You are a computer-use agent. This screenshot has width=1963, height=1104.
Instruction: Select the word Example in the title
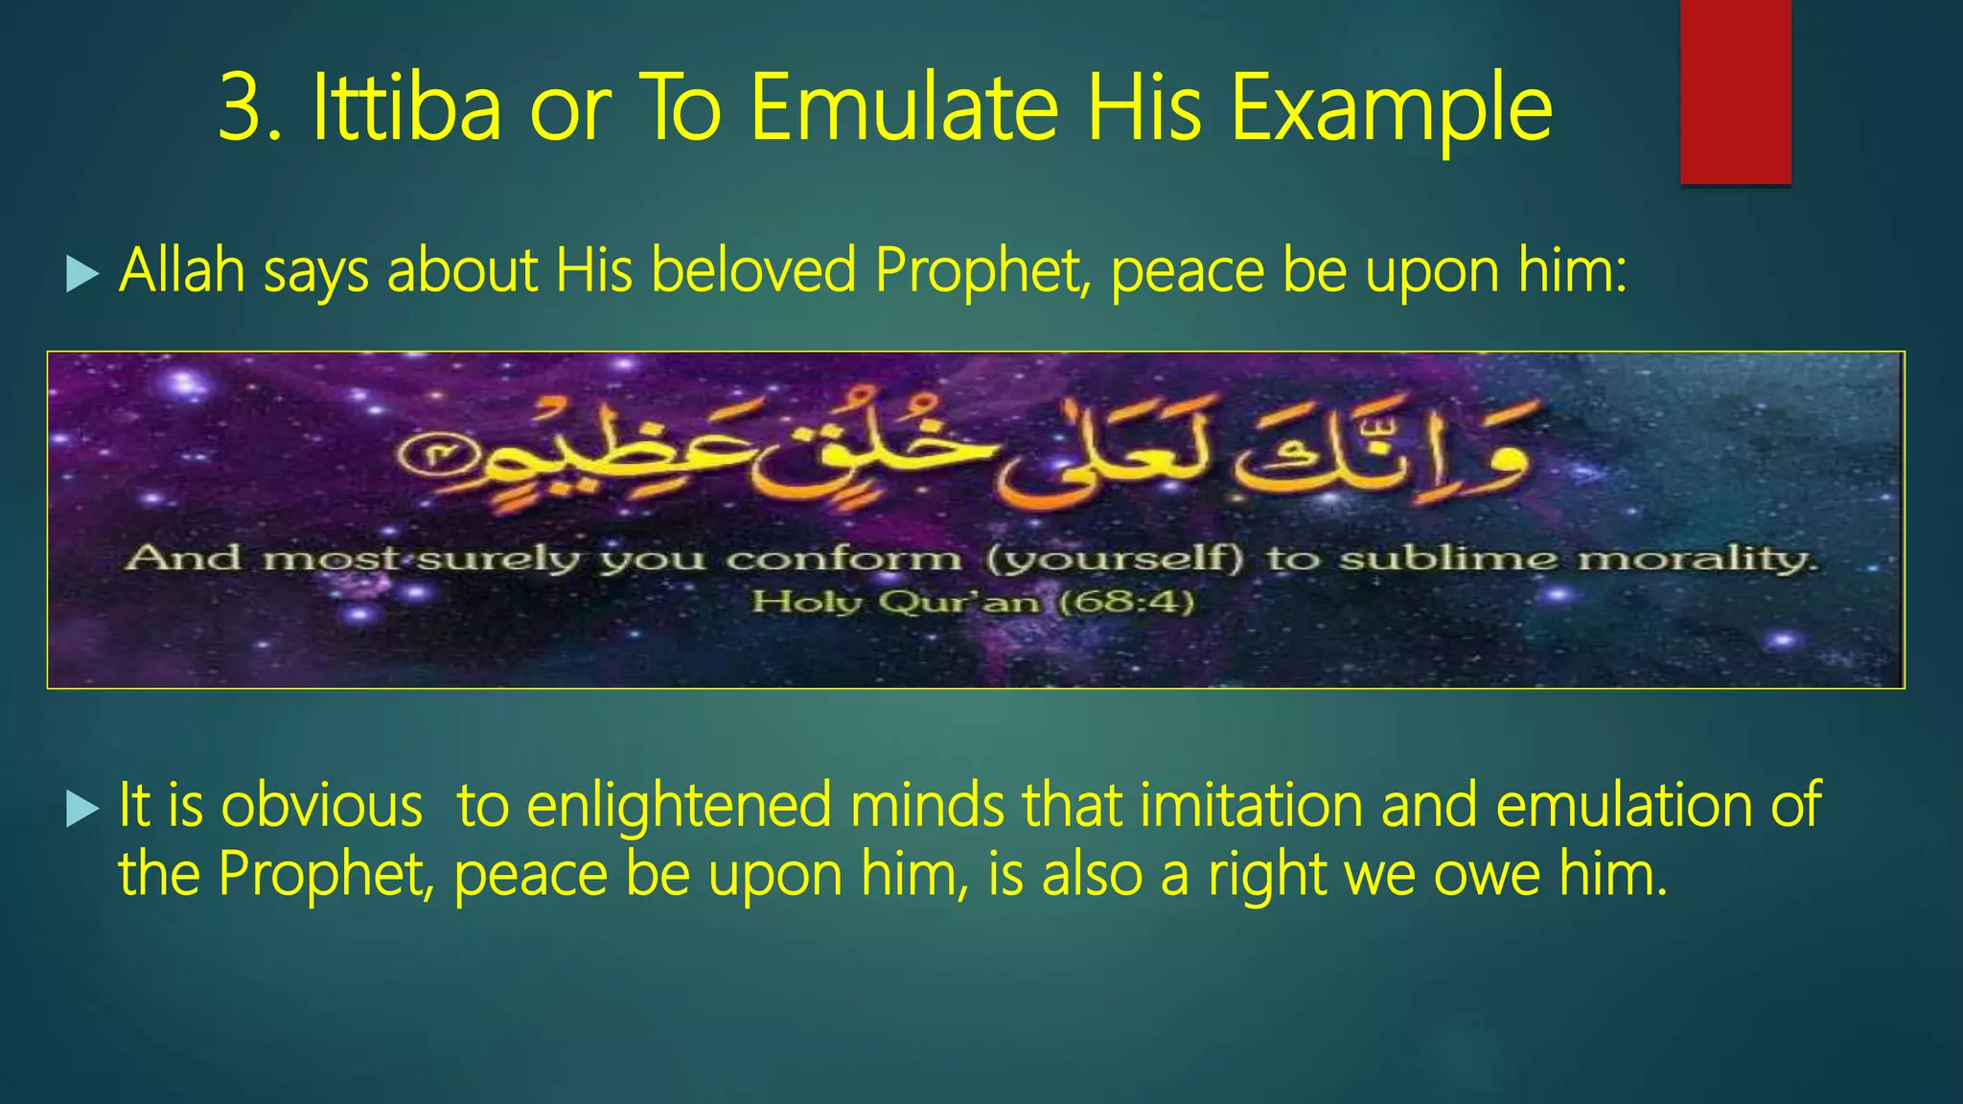coord(1391,109)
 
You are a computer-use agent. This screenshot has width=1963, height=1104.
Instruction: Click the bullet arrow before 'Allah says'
coord(82,275)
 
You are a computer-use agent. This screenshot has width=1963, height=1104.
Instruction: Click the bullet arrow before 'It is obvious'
coord(82,810)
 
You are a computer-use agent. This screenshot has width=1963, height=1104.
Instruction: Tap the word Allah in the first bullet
coord(182,271)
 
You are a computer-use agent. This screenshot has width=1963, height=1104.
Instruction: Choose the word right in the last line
coord(1266,876)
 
